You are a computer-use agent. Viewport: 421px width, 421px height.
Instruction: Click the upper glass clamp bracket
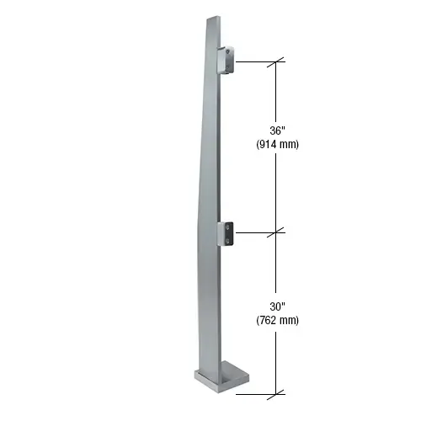(x=227, y=61)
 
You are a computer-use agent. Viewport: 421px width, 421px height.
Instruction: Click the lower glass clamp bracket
(x=228, y=233)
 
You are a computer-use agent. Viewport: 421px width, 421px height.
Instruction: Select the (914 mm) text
(x=277, y=144)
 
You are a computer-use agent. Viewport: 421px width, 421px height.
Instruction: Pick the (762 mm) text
(x=277, y=320)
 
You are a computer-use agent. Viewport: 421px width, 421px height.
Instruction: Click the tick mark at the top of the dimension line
(x=277, y=61)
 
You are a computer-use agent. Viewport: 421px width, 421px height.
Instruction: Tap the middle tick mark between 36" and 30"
(x=277, y=232)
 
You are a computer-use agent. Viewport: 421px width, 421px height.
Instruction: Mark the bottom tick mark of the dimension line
(x=277, y=392)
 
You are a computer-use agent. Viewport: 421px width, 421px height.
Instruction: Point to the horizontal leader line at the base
(x=261, y=392)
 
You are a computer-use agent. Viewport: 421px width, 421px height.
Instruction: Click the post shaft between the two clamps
(x=209, y=152)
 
